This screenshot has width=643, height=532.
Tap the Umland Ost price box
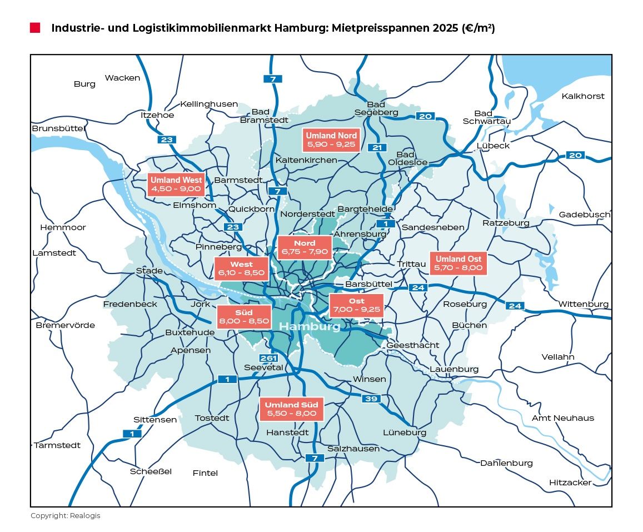458,263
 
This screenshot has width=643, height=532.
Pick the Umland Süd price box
291,409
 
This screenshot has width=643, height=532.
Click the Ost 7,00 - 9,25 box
356,306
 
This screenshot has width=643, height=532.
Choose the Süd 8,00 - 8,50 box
244,317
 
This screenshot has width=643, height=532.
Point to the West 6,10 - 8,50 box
241,269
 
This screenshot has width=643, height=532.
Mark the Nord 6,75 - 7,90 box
304,248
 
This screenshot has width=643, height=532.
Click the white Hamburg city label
310,327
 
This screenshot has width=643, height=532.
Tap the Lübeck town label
493,146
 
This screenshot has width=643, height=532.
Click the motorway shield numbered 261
268,358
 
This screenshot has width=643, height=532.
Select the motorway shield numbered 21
377,147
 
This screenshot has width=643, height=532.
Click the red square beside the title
35,28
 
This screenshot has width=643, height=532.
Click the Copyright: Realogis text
65,516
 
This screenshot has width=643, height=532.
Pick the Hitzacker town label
570,483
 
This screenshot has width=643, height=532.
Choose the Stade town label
149,271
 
